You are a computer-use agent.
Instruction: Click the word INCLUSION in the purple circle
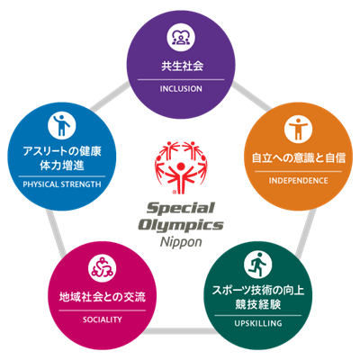181,89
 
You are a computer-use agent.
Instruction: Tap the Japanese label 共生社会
182,66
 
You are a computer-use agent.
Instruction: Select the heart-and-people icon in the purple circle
181,39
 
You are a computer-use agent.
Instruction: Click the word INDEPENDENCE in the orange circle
298,181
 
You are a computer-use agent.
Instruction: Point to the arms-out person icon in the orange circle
298,130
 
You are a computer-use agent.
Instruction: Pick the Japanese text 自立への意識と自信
299,157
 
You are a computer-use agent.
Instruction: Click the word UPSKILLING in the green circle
258,323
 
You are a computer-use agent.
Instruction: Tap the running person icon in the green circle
258,264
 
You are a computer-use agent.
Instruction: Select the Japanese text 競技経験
258,304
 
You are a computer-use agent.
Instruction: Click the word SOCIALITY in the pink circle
103,319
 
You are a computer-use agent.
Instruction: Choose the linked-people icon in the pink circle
103,268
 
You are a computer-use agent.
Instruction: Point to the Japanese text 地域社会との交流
103,297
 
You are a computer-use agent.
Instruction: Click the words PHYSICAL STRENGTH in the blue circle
62,184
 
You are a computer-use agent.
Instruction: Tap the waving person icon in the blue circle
62,125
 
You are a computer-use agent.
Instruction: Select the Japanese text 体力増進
62,166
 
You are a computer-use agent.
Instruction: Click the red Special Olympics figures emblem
181,167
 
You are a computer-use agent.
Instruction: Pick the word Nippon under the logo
181,242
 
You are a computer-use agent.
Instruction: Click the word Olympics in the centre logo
181,225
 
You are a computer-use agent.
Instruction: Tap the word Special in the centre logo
181,208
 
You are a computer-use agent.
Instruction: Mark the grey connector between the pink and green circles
180,331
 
